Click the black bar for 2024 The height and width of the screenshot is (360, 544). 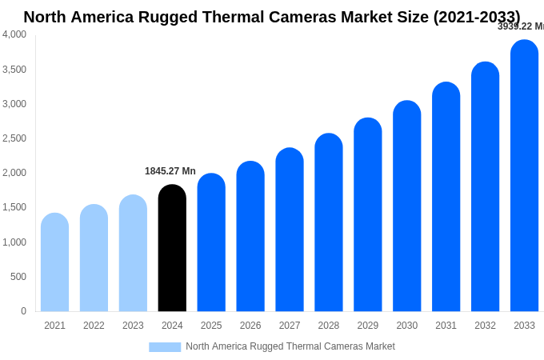[172, 248]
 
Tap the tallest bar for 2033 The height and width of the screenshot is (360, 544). [524, 176]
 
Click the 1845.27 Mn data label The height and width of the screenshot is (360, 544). [170, 171]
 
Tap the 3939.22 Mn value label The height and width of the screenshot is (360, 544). [520, 26]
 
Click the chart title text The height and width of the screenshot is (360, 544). [272, 17]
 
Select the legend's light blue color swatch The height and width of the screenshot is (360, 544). [165, 347]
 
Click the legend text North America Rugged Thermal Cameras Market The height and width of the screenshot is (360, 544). [290, 346]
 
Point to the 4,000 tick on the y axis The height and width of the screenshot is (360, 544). [14, 34]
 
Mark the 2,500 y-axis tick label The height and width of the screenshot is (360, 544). [14, 138]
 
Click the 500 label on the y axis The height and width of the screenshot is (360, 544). [18, 277]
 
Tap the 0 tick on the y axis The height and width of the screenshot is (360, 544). [23, 311]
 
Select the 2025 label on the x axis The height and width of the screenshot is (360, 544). [211, 326]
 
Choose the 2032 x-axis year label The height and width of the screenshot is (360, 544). [485, 326]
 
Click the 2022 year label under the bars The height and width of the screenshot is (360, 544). [94, 326]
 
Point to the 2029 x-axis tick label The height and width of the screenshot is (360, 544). [368, 326]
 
